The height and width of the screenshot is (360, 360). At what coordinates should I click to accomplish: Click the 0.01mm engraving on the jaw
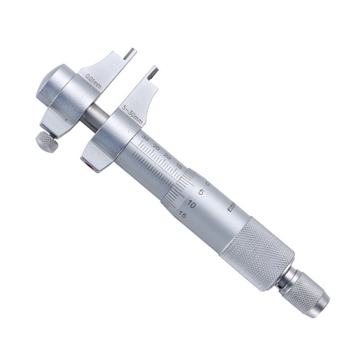[94, 78]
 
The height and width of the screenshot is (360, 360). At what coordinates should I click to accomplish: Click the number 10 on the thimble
[190, 204]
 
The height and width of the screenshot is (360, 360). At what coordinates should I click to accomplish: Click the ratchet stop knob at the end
[308, 292]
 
